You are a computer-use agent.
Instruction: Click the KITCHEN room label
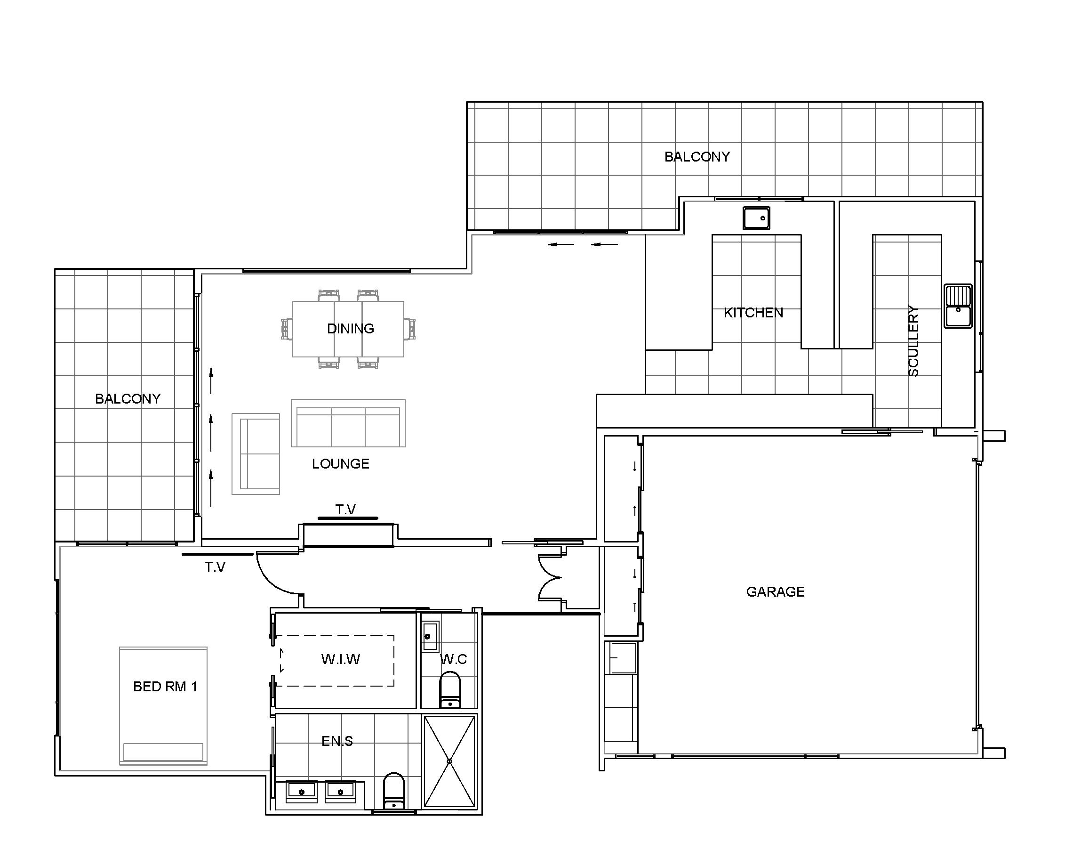tap(753, 313)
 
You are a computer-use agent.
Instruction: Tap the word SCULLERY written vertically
tap(913, 341)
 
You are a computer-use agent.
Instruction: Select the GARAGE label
tap(775, 591)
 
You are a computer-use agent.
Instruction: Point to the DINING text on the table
tap(351, 329)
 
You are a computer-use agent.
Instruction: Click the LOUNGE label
tap(340, 463)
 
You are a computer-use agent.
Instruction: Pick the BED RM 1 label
tap(165, 687)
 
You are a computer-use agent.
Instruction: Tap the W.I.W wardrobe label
tap(340, 659)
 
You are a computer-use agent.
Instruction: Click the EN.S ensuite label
tap(337, 741)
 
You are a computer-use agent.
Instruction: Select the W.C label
tap(454, 659)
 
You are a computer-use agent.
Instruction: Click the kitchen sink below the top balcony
tap(756, 218)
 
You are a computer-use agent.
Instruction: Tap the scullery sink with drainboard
tap(958, 306)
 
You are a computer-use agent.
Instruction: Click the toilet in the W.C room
tap(450, 689)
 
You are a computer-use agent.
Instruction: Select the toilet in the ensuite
tap(394, 791)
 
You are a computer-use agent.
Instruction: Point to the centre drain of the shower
tap(449, 761)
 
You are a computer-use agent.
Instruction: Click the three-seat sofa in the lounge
tap(348, 423)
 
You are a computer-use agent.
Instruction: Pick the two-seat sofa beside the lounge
tap(256, 454)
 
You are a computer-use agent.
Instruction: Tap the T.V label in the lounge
tap(346, 510)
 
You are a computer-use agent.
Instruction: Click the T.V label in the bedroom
tap(215, 567)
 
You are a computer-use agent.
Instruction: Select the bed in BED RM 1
tap(163, 706)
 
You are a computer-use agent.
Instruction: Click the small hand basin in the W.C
tap(430, 637)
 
